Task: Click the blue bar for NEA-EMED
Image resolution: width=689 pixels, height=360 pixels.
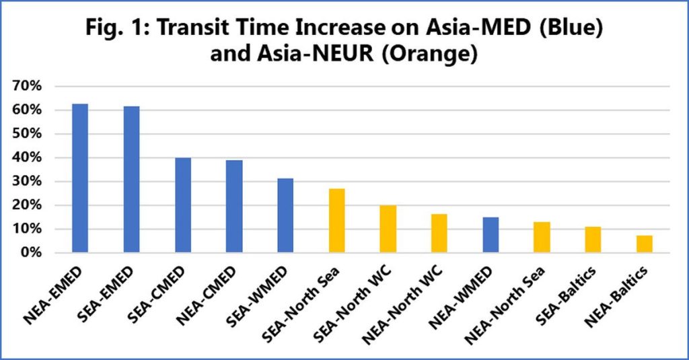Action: click(x=80, y=178)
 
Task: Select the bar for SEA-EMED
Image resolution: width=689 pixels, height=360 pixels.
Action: click(x=131, y=180)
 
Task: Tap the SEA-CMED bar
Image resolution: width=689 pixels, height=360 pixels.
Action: click(x=183, y=205)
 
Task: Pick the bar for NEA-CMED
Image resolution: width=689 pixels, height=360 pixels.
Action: click(x=234, y=207)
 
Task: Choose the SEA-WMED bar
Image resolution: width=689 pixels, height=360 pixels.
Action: click(x=285, y=215)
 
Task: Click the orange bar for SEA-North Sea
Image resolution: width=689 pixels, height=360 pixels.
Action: click(x=336, y=221)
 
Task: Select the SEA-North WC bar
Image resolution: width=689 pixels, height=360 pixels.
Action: click(x=388, y=229)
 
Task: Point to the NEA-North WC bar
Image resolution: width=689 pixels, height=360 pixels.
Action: click(x=439, y=233)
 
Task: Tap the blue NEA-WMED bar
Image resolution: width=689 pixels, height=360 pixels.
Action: click(x=491, y=235)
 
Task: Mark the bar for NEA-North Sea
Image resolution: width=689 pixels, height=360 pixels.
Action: click(x=542, y=238)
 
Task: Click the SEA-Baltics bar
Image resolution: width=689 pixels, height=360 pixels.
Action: click(x=593, y=240)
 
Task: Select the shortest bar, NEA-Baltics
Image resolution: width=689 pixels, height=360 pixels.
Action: click(x=645, y=244)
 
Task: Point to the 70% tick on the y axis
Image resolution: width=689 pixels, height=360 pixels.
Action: click(x=26, y=86)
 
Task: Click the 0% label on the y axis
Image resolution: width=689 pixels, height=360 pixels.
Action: click(x=30, y=253)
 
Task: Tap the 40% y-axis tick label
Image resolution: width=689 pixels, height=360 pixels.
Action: click(x=26, y=157)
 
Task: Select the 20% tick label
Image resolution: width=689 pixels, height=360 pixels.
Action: click(x=26, y=205)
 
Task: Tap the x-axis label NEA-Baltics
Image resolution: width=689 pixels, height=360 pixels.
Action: click(x=617, y=295)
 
